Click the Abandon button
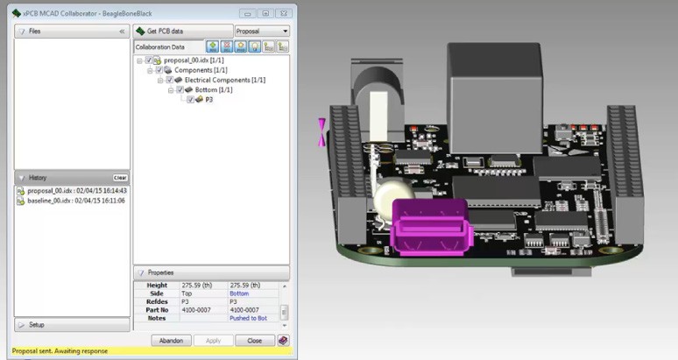(171, 341)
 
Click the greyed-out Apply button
(213, 341)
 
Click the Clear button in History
(120, 178)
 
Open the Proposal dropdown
(262, 31)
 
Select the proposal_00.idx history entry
(76, 190)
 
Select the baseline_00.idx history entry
(75, 201)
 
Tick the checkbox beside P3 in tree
(190, 100)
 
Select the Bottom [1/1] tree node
(213, 89)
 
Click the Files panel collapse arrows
(122, 32)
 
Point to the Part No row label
(157, 309)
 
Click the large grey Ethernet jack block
(485, 84)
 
